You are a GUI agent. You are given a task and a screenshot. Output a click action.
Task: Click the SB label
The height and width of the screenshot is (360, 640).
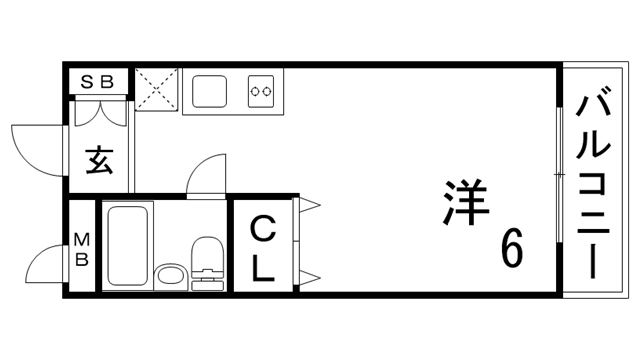tap(98, 81)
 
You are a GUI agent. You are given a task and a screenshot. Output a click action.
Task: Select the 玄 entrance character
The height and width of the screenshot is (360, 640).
tap(98, 159)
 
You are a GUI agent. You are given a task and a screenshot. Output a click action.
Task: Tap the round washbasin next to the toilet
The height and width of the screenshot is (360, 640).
tap(171, 275)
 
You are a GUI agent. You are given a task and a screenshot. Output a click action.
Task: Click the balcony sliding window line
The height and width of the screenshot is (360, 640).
tap(557, 180)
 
